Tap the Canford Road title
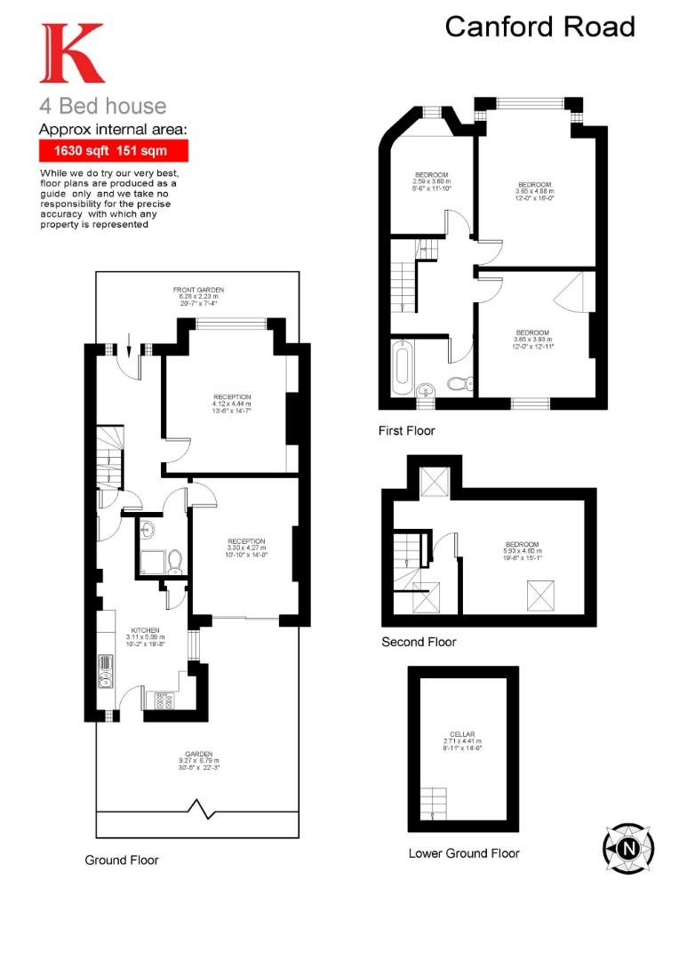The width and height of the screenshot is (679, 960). click(x=539, y=27)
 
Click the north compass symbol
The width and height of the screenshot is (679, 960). click(x=627, y=846)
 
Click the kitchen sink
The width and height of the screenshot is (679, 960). click(x=105, y=673)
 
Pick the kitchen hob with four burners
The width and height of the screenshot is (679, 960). click(x=164, y=700)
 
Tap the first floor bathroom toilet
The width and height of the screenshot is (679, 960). click(x=459, y=384)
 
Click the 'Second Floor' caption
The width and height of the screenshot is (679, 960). click(x=419, y=642)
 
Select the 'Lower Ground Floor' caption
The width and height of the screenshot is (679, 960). click(x=464, y=853)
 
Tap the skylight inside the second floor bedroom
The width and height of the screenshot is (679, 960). click(x=538, y=593)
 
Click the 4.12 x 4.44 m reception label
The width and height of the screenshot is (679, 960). click(x=233, y=403)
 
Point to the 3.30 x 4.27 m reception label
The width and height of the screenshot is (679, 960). click(x=246, y=547)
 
